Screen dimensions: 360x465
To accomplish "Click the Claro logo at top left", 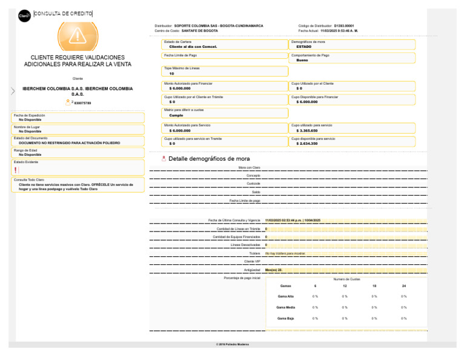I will tap(25, 15).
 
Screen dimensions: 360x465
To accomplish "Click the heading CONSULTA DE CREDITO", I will tap(64, 14).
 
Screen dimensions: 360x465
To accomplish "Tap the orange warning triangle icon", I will tap(77, 36).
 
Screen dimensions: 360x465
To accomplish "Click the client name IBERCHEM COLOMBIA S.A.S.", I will tap(77, 91).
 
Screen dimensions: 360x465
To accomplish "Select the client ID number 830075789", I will tap(82, 103).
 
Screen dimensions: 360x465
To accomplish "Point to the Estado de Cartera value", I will tap(193, 46).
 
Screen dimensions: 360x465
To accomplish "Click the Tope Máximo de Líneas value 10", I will tap(172, 73).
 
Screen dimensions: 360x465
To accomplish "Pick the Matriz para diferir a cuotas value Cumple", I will tap(176, 115).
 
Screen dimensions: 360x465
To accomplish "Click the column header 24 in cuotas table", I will tap(404, 285).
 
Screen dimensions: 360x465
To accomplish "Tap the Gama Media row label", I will tap(286, 307).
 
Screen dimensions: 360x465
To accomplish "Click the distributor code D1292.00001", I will tap(344, 26).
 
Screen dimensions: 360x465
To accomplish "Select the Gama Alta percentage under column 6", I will tap(315, 296).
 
